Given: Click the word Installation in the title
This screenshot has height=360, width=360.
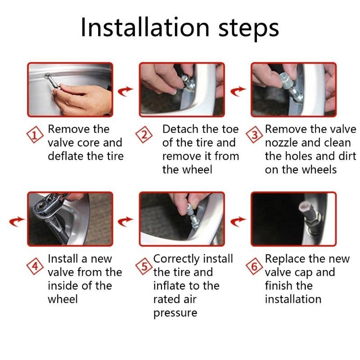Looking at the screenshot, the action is [x=145, y=27].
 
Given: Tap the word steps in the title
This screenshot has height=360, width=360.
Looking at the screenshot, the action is [x=249, y=29].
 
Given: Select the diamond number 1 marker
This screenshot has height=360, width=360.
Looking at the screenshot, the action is [x=35, y=135].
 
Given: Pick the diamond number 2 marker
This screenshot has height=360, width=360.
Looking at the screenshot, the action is [x=144, y=135].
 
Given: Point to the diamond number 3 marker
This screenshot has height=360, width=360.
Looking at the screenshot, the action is [x=254, y=135].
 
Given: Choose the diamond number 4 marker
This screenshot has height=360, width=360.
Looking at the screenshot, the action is [x=35, y=266].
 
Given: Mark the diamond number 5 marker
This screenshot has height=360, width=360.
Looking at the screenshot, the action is [x=144, y=266].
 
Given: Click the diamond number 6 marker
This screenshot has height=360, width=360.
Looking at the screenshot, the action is [x=254, y=266].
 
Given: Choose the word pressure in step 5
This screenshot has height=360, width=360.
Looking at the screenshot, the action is [x=175, y=313].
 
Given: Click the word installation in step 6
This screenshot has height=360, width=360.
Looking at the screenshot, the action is [x=293, y=299].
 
